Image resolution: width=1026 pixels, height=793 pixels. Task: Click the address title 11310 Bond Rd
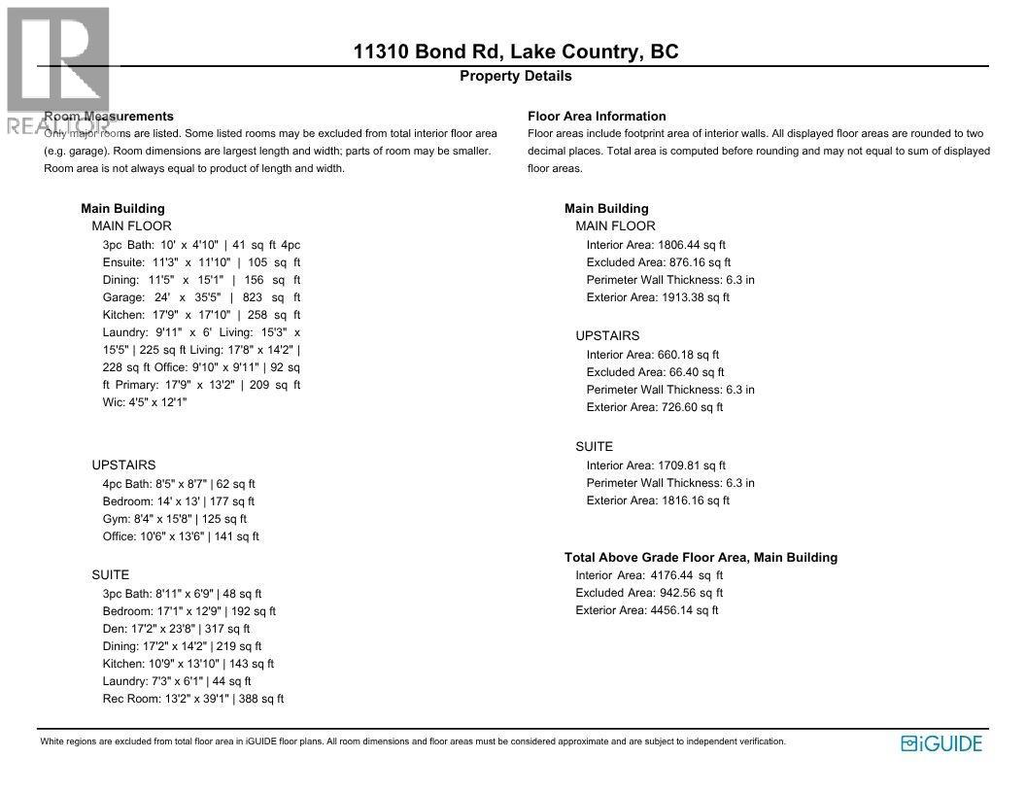516,52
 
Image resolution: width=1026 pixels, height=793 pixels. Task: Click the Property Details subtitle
516,76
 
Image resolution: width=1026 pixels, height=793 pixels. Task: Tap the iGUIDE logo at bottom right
941,743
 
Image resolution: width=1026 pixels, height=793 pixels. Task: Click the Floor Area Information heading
597,117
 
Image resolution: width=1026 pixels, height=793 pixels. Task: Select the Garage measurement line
201,297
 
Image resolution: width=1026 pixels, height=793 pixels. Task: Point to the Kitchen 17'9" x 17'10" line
201,315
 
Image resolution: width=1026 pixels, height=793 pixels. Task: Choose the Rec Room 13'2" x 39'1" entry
192,699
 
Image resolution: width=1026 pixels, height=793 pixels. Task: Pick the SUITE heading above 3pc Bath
110,575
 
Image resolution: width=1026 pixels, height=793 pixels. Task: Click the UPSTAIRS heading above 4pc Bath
123,465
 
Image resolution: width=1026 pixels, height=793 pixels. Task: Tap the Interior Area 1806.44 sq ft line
656,245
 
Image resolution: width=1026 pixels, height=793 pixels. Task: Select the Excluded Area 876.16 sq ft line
658,262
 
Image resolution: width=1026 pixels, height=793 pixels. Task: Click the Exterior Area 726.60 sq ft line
654,407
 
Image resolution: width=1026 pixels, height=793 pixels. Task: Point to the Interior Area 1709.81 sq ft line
656,465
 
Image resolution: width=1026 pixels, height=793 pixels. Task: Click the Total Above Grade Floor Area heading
701,558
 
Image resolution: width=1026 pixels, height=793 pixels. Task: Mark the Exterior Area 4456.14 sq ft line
646,610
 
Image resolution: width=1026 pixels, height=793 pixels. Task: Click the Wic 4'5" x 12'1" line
145,402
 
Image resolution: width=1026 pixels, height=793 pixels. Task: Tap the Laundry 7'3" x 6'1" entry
176,681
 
